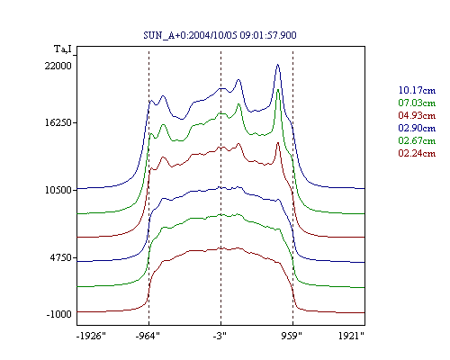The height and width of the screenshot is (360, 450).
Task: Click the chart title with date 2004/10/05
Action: pos(220,35)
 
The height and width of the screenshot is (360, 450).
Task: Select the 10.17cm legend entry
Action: pos(417,90)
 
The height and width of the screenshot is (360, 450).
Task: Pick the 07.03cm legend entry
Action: pos(417,103)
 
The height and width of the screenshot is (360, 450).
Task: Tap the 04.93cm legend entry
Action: pos(417,115)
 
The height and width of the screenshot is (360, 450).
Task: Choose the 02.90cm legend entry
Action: pos(417,128)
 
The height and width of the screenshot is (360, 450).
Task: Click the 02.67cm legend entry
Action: pos(417,140)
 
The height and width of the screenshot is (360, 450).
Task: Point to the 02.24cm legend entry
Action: pos(417,153)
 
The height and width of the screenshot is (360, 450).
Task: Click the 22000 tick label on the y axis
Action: pos(58,66)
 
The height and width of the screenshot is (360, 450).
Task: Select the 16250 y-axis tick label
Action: pos(58,123)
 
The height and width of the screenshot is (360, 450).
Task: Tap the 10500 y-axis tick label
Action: pos(58,190)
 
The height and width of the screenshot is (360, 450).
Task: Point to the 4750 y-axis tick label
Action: pos(61,257)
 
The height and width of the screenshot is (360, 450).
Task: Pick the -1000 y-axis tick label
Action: pos(59,314)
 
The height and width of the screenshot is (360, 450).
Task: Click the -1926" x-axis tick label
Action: pos(92,336)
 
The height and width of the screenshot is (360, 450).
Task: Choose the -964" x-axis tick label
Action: pos(148,336)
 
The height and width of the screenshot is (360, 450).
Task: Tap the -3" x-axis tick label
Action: pos(220,336)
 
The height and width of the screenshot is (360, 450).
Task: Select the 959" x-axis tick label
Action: pos(292,336)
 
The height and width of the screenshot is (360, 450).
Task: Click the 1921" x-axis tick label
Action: pos(351,336)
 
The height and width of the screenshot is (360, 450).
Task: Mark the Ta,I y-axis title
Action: pos(63,49)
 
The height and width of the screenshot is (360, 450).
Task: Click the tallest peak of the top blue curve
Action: pos(278,65)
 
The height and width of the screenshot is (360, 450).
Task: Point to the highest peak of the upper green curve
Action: pos(278,90)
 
